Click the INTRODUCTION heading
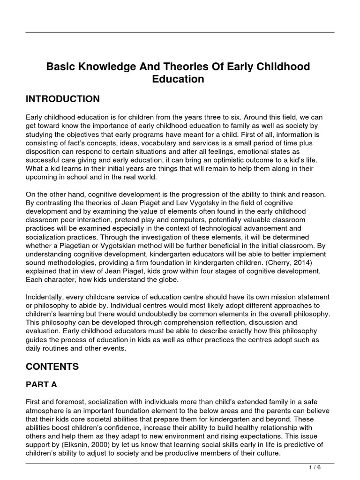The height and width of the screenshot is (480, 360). pos(63,99)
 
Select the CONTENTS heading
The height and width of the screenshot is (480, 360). pos(52,367)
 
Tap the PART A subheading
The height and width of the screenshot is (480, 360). pos(41,384)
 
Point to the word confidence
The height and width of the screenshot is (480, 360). pos(118,428)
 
